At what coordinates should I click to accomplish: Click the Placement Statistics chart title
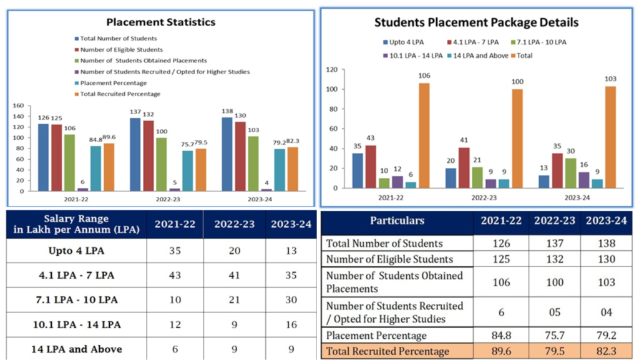(160, 22)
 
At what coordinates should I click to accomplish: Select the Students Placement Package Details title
(476, 22)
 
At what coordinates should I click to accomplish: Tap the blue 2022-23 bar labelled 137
(134, 153)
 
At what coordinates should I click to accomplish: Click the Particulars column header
(397, 221)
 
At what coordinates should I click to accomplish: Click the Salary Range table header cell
(76, 224)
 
